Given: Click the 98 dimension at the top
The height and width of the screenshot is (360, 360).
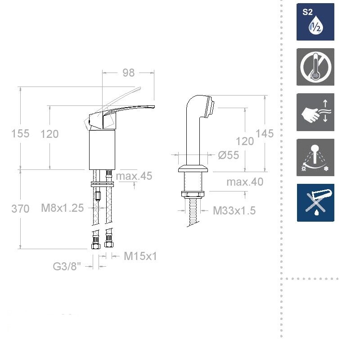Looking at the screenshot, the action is pyautogui.click(x=128, y=73).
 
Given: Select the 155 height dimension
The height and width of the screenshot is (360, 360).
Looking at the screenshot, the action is pyautogui.click(x=20, y=133).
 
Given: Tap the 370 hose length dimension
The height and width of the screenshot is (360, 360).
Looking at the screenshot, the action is pyautogui.click(x=20, y=209).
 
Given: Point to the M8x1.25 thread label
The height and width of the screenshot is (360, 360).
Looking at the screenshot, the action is pyautogui.click(x=63, y=208).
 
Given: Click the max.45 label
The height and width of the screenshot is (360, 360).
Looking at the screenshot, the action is pyautogui.click(x=134, y=176).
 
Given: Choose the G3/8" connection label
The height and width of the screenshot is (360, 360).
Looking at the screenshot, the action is pyautogui.click(x=67, y=267).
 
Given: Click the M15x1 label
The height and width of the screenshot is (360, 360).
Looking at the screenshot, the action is pyautogui.click(x=140, y=256).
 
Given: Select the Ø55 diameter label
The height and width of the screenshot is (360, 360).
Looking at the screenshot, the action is pyautogui.click(x=229, y=155).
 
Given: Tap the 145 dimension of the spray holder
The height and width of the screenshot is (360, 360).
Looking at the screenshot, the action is pyautogui.click(x=265, y=133).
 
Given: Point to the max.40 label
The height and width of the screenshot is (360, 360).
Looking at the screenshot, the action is pyautogui.click(x=245, y=182).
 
